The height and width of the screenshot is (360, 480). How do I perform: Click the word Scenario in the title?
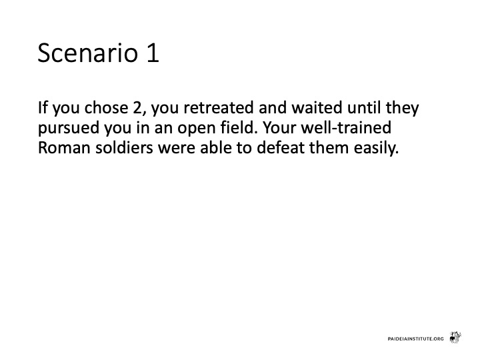[x=88, y=53]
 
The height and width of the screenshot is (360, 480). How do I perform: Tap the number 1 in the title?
[x=153, y=53]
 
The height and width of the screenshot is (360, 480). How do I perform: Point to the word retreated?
[x=218, y=108]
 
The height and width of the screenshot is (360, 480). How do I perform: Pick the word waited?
[x=317, y=108]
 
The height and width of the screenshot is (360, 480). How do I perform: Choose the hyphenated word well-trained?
[x=346, y=127]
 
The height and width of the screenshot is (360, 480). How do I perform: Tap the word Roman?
[x=64, y=148]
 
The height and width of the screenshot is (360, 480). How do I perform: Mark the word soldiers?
[x=124, y=147]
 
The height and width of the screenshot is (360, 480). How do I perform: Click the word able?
[x=216, y=147]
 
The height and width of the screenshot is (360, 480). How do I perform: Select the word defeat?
[x=281, y=147]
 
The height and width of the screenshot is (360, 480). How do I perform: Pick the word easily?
[x=376, y=149]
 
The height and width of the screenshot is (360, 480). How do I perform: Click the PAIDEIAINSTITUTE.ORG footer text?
[x=415, y=339]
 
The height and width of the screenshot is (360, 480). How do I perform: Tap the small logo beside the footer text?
[x=455, y=337]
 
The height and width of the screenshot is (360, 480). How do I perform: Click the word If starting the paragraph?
[x=43, y=108]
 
